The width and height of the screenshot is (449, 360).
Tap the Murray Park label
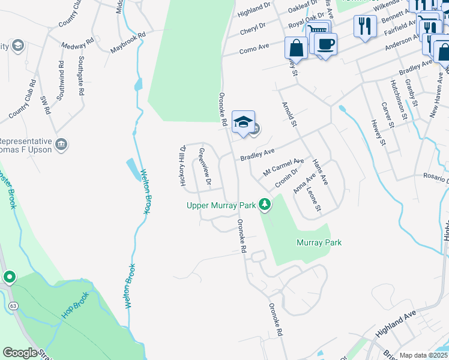click(x=319, y=242)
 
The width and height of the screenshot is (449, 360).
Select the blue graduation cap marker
click(x=243, y=122)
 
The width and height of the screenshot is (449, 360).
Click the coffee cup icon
click(x=325, y=44)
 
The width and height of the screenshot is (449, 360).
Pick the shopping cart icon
click(x=318, y=31)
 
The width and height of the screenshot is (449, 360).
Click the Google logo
click(x=20, y=353)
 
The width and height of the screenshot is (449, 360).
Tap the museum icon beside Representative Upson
click(x=61, y=144)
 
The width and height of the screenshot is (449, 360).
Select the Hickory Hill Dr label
click(x=182, y=165)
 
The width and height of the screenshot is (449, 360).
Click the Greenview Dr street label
click(x=205, y=166)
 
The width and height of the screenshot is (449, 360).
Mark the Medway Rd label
click(x=78, y=44)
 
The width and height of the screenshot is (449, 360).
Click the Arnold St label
click(x=290, y=114)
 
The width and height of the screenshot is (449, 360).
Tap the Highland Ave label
click(x=396, y=324)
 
